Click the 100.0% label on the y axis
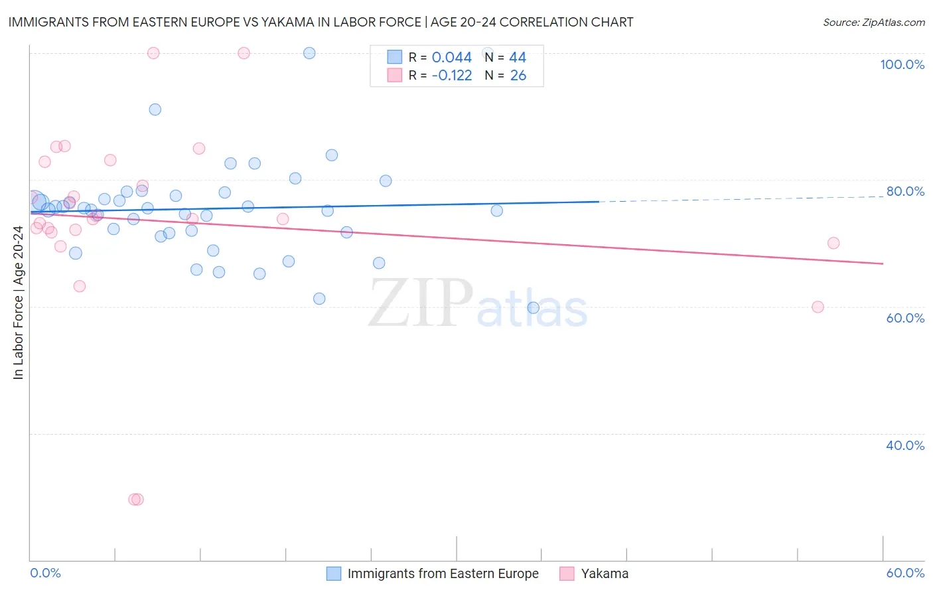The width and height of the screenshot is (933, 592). tap(902, 64)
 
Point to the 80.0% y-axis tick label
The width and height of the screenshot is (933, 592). tap(905, 191)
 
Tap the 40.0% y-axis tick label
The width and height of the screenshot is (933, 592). tap(905, 445)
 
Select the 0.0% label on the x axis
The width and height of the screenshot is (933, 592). tap(46, 573)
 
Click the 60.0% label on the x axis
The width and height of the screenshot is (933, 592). tap(905, 573)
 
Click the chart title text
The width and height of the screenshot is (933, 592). tap(321, 22)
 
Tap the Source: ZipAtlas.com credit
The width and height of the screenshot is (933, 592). tap(873, 23)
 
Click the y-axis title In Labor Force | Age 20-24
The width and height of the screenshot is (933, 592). tap(18, 303)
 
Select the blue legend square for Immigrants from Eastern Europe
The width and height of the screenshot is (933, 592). tap(334, 573)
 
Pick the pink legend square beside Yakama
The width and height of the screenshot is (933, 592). tap(567, 573)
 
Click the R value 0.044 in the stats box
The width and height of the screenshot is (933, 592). tap(451, 58)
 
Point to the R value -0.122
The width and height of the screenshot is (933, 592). tap(451, 76)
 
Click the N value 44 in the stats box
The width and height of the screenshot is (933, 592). tap(517, 58)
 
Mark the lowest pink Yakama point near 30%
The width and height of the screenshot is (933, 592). tap(136, 499)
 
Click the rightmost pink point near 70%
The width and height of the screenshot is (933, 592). tap(833, 243)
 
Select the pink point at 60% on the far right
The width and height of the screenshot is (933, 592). tap(818, 307)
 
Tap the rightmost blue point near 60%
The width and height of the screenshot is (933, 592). tap(533, 307)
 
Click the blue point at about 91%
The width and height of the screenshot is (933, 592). tap(155, 110)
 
